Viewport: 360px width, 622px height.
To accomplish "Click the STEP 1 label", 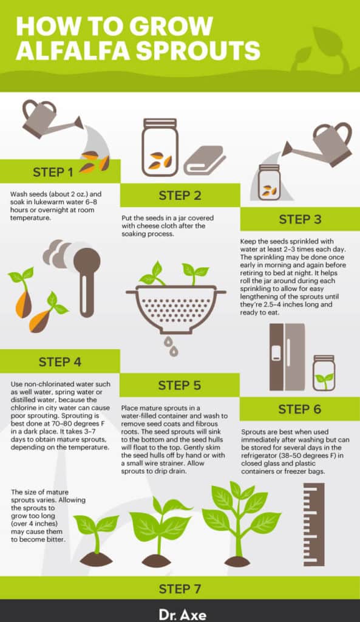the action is [53, 172].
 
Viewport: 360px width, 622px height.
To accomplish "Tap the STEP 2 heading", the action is [180, 195].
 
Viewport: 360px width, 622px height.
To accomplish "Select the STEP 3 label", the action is [300, 219].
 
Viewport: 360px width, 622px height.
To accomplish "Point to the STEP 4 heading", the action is [60, 362].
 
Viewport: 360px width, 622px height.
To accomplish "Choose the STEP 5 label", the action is [180, 385].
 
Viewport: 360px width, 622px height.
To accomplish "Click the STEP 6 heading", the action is [300, 409].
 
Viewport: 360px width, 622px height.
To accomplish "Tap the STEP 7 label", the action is [180, 589].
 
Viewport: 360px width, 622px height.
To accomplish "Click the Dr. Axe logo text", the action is [182, 615].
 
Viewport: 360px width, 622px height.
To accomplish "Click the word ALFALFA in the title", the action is [73, 51].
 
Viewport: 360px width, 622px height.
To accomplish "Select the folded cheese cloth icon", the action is [205, 160].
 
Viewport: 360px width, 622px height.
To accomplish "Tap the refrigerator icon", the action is [287, 357].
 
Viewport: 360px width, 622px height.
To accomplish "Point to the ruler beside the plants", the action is [314, 524].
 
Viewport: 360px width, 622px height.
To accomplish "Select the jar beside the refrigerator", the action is [324, 373].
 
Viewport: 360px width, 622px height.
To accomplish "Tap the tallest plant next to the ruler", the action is [240, 523].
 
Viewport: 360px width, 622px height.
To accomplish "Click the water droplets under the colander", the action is [171, 346].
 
